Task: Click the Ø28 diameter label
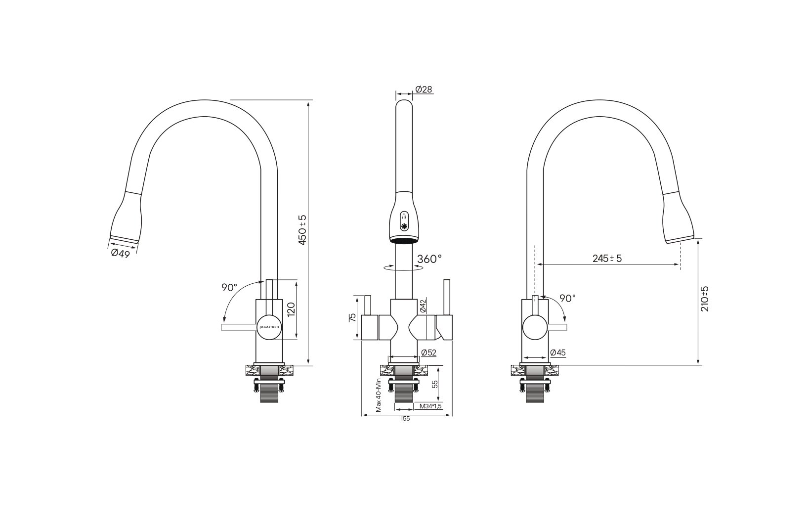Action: [x=424, y=89]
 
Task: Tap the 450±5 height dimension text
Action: [x=302, y=230]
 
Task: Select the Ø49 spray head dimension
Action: [x=121, y=253]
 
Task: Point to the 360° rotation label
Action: [x=429, y=259]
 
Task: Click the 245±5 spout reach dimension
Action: [x=607, y=259]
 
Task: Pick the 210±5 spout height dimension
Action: [x=705, y=299]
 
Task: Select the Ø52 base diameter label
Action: [x=429, y=352]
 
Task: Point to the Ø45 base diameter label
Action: [x=557, y=352]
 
